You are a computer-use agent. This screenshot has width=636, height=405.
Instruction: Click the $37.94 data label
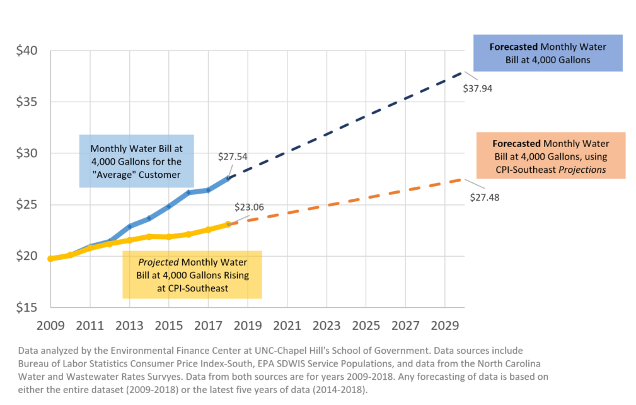click(477, 88)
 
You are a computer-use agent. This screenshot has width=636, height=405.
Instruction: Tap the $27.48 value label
click(485, 197)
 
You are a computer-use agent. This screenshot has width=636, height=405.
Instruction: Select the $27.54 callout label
click(233, 156)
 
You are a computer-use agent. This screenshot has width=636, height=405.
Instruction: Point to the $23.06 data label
click(249, 206)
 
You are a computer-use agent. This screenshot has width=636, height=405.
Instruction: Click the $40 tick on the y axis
click(28, 50)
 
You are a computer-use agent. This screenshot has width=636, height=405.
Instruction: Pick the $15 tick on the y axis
click(28, 308)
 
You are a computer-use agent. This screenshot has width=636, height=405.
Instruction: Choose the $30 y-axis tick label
click(28, 153)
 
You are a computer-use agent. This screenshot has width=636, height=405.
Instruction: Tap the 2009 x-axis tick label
click(50, 326)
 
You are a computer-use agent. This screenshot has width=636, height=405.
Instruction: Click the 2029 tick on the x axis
click(445, 326)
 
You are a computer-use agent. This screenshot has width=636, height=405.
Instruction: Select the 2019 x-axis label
click(248, 326)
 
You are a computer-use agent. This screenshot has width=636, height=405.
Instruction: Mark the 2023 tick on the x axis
click(327, 326)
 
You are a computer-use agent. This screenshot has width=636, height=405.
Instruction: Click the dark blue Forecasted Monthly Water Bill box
click(547, 53)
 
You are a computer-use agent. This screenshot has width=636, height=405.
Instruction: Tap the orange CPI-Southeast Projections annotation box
click(550, 156)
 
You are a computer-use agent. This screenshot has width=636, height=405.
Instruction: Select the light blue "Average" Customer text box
click(136, 160)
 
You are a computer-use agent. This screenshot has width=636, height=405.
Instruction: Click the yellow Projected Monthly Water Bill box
click(192, 274)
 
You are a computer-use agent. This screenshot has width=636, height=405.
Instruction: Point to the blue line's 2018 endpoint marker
click(228, 178)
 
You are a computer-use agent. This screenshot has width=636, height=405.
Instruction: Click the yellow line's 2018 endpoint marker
click(228, 224)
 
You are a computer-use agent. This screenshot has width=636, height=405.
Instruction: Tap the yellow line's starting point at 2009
click(50, 259)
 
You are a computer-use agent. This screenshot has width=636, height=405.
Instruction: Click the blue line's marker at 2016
click(188, 192)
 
